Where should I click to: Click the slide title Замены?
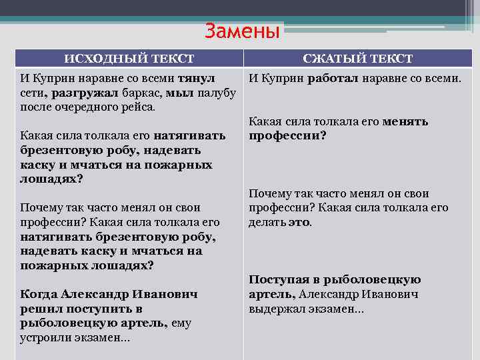point(242,31)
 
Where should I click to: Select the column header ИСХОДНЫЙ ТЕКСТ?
point(129,59)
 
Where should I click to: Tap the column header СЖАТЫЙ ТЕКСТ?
point(357,59)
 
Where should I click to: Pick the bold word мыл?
point(181,92)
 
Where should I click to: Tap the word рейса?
point(137,107)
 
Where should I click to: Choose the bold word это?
point(299,223)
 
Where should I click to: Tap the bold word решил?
point(39,309)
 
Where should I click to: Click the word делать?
point(267,223)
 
